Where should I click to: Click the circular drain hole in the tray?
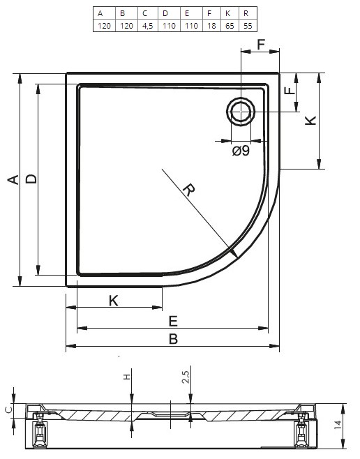[241, 112]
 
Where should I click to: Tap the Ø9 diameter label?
[241, 151]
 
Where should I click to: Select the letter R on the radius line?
[189, 190]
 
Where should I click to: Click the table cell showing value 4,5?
[147, 26]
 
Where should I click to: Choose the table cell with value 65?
[230, 26]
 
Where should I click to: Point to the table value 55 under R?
[248, 26]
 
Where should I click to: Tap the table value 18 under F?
[211, 26]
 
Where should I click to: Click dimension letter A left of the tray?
[13, 179]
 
